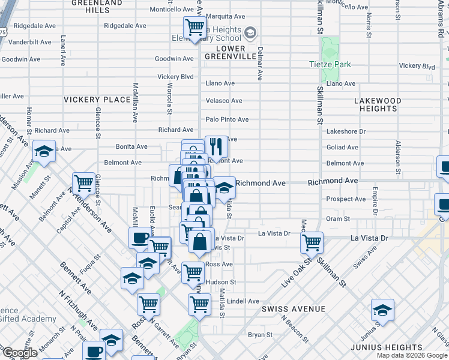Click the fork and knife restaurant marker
click(216, 146)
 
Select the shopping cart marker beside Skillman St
click(312, 242)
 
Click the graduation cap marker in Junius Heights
click(382, 310)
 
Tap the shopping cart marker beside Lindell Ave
click(199, 304)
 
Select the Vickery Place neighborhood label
click(97, 100)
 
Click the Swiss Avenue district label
click(294, 309)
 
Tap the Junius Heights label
click(405, 347)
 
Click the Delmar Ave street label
click(260, 64)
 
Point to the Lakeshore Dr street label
click(346, 131)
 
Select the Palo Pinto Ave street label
click(227, 120)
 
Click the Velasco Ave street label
click(224, 101)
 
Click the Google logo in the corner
click(20, 353)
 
